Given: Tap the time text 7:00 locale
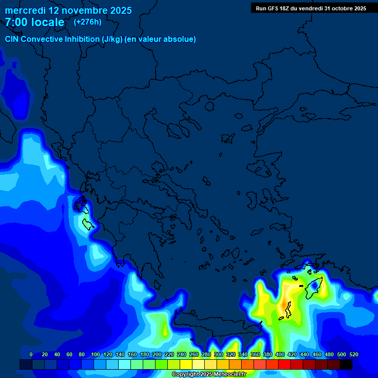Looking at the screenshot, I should pos(34,22).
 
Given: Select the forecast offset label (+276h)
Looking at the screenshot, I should pos(88,22).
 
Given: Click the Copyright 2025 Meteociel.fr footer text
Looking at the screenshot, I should pos(209,374).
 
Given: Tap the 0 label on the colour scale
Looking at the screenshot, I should pos(31,355).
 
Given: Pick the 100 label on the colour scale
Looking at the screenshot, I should pos(95,355).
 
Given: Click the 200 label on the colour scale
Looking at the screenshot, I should pos(157,355).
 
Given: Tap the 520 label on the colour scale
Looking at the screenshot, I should pos(354,355).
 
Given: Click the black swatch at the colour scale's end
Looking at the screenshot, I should pos(346,364).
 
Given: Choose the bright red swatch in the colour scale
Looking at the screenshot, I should pos(284,364).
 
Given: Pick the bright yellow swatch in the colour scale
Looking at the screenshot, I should pos(186,364).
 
